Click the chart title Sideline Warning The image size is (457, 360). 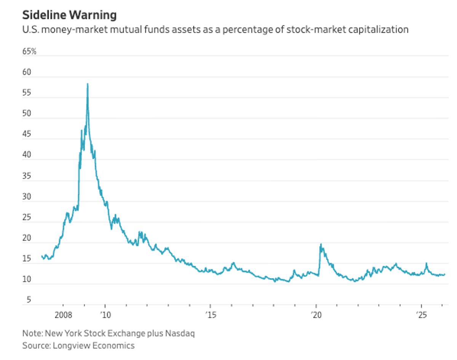[69, 15]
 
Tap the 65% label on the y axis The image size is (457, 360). [30, 51]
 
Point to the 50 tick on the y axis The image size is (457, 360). [27, 114]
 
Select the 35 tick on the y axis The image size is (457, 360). [27, 176]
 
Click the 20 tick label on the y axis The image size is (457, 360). [27, 238]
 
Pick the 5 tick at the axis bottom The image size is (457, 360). [29, 300]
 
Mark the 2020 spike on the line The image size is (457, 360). [321, 244]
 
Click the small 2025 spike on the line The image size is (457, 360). [427, 263]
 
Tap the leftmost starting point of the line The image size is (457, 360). [42, 256]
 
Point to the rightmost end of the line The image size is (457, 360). [444, 274]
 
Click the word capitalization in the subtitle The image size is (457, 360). [381, 30]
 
